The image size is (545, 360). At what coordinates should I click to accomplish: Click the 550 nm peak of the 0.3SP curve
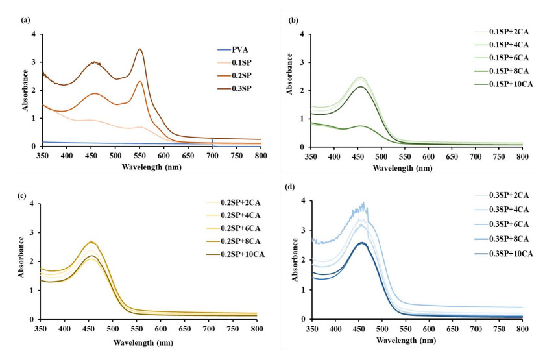click(x=139, y=49)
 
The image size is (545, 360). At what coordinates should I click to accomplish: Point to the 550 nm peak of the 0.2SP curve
click(x=139, y=81)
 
